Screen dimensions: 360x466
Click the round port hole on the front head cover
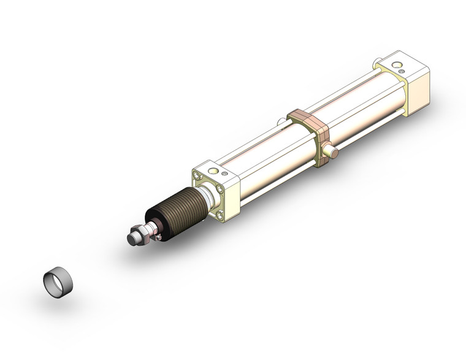tap(213, 170)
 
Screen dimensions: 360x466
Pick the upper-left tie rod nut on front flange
tap(197, 175)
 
